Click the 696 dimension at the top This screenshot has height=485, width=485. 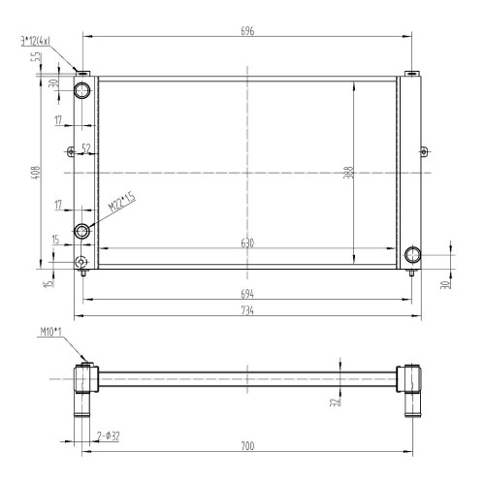coord(247,31)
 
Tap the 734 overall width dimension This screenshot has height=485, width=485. coord(247,310)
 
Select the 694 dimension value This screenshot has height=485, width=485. coord(247,294)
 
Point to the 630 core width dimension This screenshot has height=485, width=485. coord(247,242)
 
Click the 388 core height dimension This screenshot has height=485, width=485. coord(349,173)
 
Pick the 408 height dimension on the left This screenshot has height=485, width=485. coord(36,173)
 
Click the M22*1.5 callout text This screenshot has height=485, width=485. coord(121,202)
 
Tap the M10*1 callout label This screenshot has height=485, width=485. coord(50,332)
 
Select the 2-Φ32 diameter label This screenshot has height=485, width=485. coord(109,436)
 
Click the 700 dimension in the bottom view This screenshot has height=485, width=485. coord(247,446)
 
